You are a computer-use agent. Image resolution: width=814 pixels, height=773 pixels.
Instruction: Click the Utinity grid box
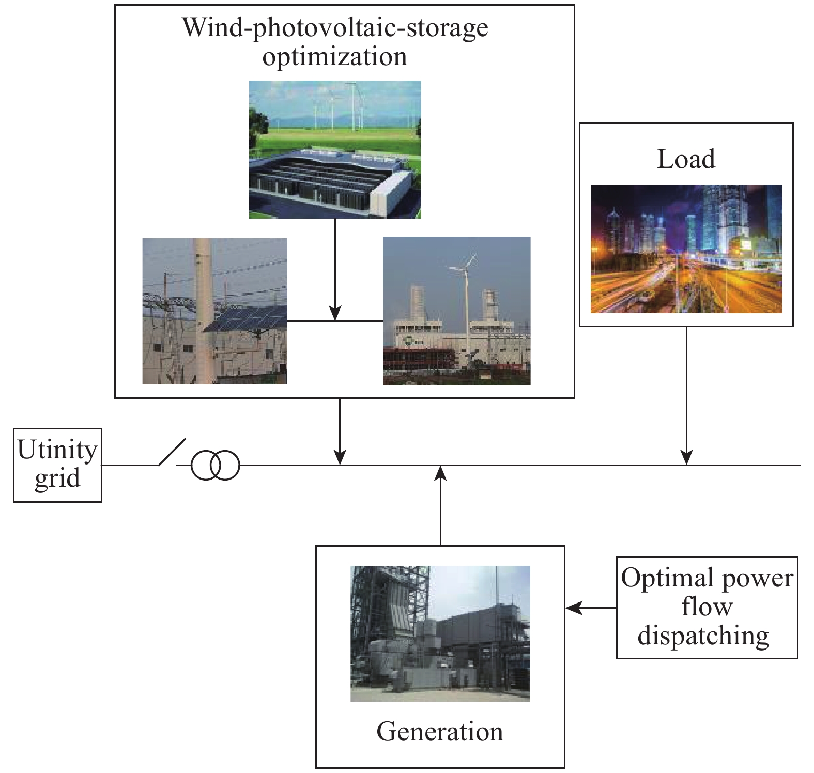pyautogui.click(x=57, y=465)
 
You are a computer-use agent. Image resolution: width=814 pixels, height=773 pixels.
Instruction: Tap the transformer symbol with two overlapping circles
pyautogui.click(x=216, y=465)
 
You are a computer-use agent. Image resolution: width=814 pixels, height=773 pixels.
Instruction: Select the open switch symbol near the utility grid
pyautogui.click(x=172, y=453)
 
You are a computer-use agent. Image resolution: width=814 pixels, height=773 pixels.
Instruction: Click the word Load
pyautogui.click(x=686, y=159)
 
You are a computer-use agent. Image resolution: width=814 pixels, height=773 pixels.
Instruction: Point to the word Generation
pyautogui.click(x=440, y=731)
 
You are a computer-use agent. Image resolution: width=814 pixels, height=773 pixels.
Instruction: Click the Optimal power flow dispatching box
pyautogui.click(x=707, y=607)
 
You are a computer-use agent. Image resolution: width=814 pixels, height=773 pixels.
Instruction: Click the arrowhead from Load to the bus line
pyautogui.click(x=686, y=458)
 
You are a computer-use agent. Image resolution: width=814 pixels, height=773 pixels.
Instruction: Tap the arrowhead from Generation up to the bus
pyautogui.click(x=440, y=473)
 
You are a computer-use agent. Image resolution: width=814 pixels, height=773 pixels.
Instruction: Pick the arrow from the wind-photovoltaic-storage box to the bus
pyautogui.click(x=340, y=431)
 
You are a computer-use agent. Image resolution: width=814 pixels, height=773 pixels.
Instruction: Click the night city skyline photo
pyautogui.click(x=686, y=249)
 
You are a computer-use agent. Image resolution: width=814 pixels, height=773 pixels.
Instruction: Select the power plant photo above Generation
pyautogui.click(x=440, y=633)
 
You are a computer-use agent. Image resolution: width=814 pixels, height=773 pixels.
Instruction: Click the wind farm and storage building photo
pyautogui.click(x=335, y=149)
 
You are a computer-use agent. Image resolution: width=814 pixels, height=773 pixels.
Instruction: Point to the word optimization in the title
pyautogui.click(x=335, y=57)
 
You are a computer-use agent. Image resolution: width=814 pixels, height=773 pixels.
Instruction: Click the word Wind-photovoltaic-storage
pyautogui.click(x=335, y=28)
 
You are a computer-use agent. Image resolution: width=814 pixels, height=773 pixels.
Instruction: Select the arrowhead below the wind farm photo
pyautogui.click(x=335, y=313)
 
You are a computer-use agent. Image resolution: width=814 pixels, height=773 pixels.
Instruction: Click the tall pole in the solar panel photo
pyautogui.click(x=204, y=310)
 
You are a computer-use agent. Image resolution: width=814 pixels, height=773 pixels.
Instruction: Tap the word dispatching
pyautogui.click(x=703, y=636)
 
